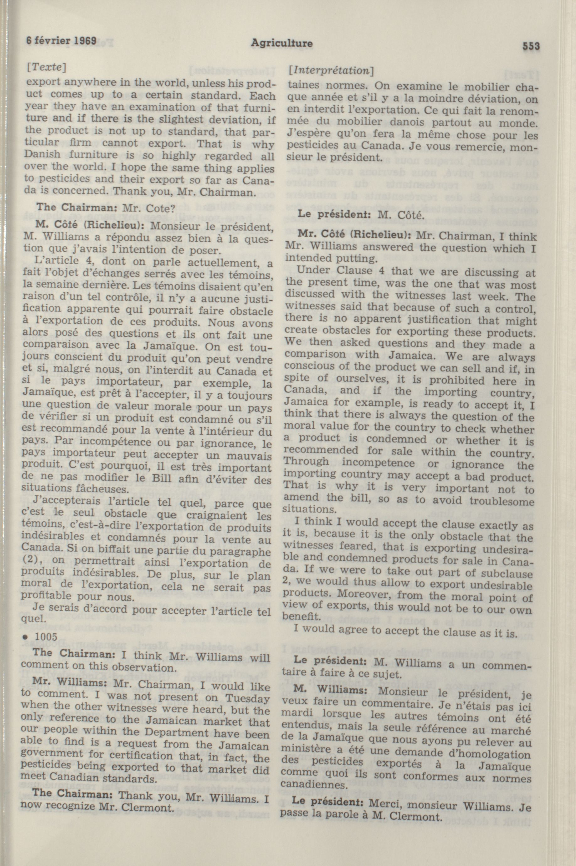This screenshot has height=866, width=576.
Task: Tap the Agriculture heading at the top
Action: click(282, 43)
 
